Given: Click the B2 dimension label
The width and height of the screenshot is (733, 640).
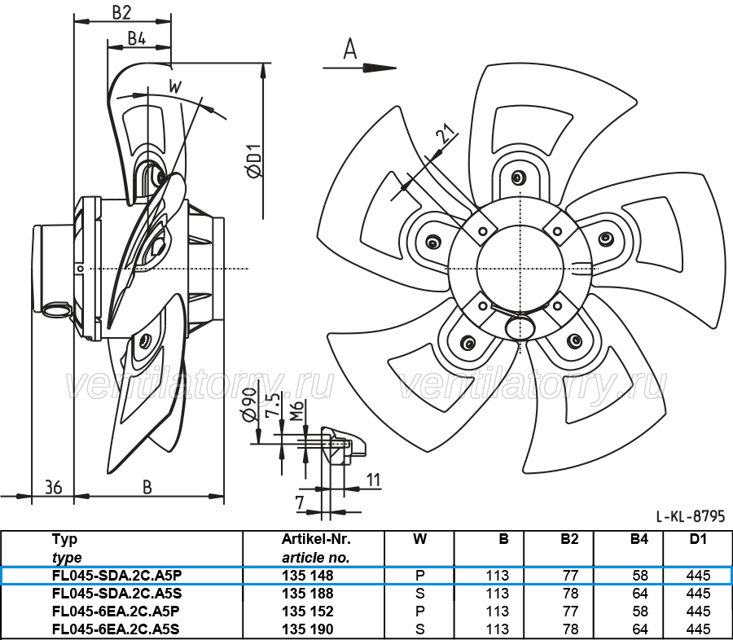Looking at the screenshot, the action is pyautogui.click(x=121, y=13).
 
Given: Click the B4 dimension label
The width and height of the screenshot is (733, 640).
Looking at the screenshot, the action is pyautogui.click(x=137, y=38).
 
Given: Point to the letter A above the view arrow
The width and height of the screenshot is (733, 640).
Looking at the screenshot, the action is pyautogui.click(x=350, y=49).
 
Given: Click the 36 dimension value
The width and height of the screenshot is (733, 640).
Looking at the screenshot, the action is pyautogui.click(x=53, y=487).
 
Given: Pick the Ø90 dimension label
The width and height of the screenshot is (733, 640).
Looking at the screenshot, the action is pyautogui.click(x=250, y=405).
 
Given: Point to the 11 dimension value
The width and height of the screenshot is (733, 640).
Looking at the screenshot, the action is pyautogui.click(x=373, y=480).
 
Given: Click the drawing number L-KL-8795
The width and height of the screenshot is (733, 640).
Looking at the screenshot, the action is pyautogui.click(x=691, y=516).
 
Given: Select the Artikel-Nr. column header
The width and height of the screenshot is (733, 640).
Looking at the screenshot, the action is pyautogui.click(x=316, y=539).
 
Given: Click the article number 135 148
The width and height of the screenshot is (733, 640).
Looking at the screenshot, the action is pyautogui.click(x=308, y=575).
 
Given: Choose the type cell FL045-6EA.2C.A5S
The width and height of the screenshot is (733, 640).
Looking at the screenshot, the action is pyautogui.click(x=116, y=629).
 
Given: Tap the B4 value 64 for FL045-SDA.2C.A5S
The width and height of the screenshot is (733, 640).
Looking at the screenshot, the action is pyautogui.click(x=639, y=594).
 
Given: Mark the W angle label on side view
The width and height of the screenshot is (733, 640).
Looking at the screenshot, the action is pyautogui.click(x=175, y=86).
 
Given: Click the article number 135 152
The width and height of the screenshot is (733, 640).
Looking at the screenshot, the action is pyautogui.click(x=308, y=612).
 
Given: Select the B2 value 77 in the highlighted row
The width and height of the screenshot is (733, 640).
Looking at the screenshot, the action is pyautogui.click(x=570, y=575).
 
